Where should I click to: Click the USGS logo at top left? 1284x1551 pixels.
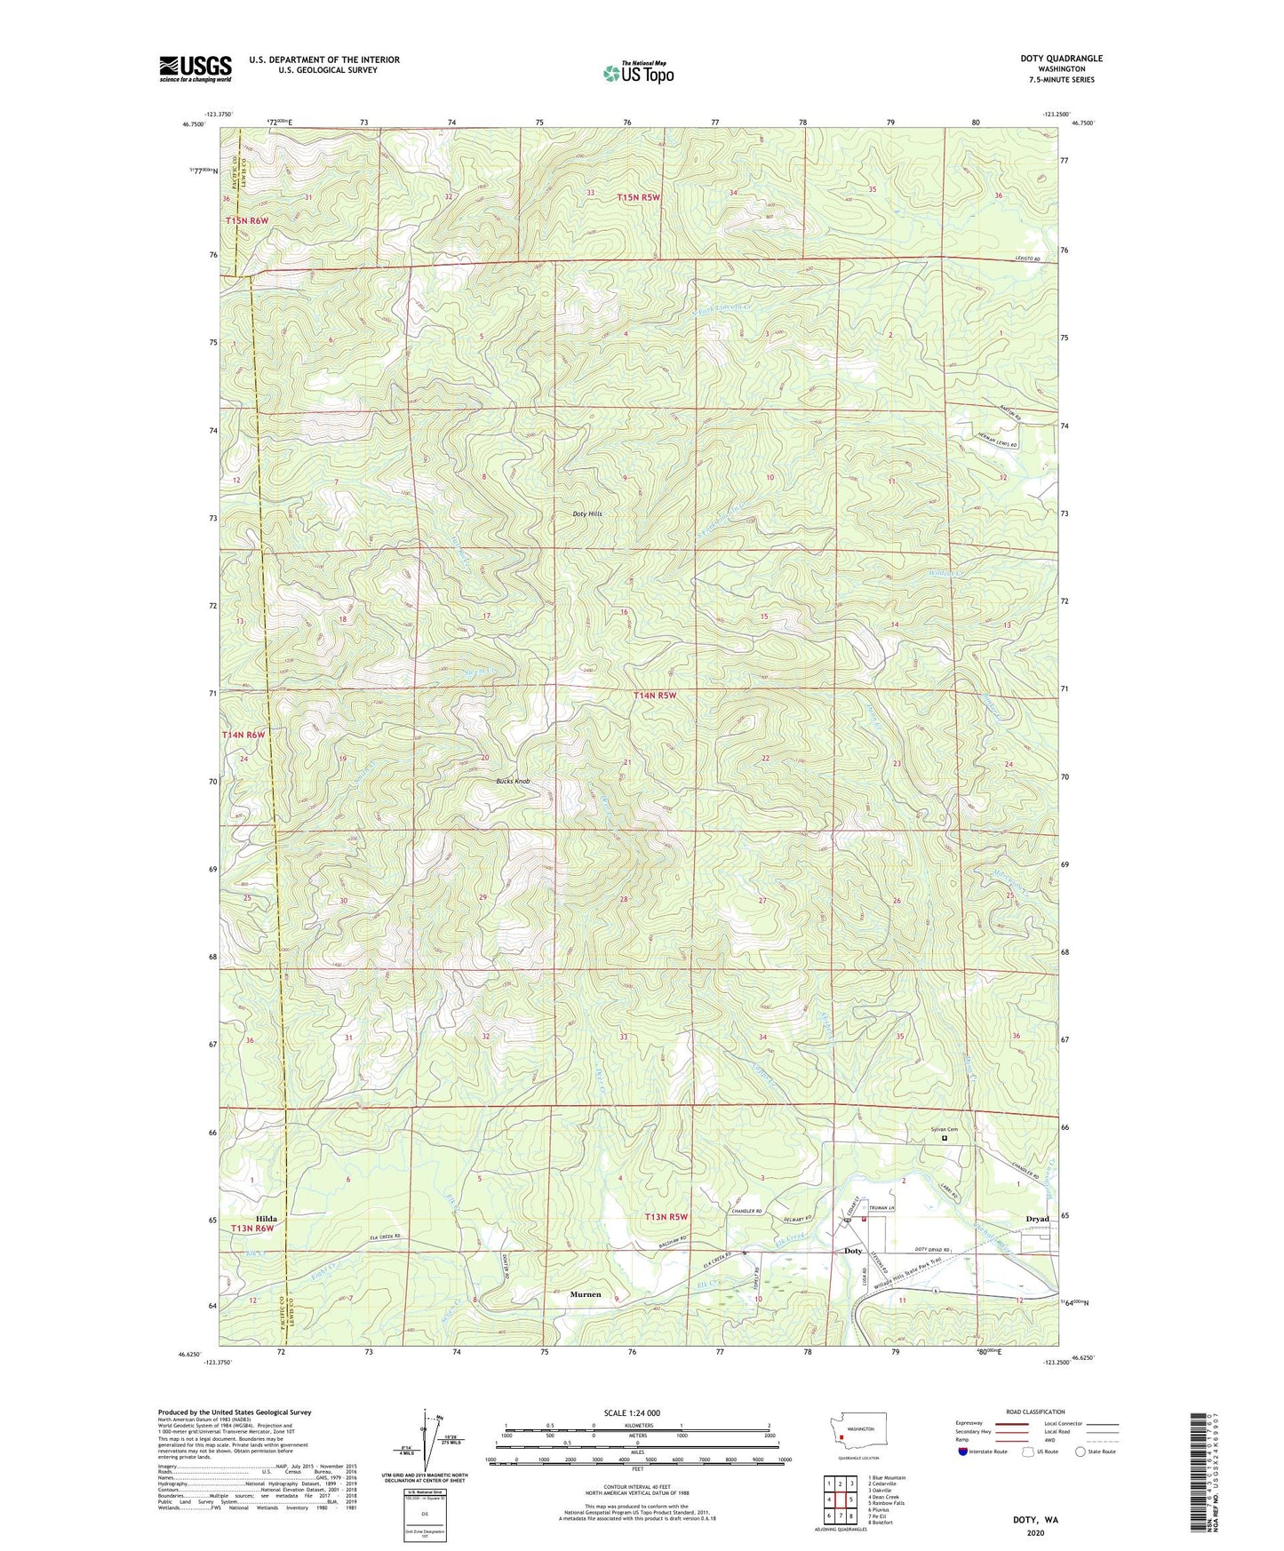[x=195, y=68]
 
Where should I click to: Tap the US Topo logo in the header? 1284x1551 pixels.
[x=638, y=74]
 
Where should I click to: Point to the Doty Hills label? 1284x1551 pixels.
[x=587, y=514]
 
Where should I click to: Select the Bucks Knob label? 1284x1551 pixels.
[x=513, y=782]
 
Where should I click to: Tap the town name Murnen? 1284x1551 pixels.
[x=586, y=1294]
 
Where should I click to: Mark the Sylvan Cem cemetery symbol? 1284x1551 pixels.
[x=945, y=1138]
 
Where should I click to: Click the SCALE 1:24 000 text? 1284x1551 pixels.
[x=632, y=1412]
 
